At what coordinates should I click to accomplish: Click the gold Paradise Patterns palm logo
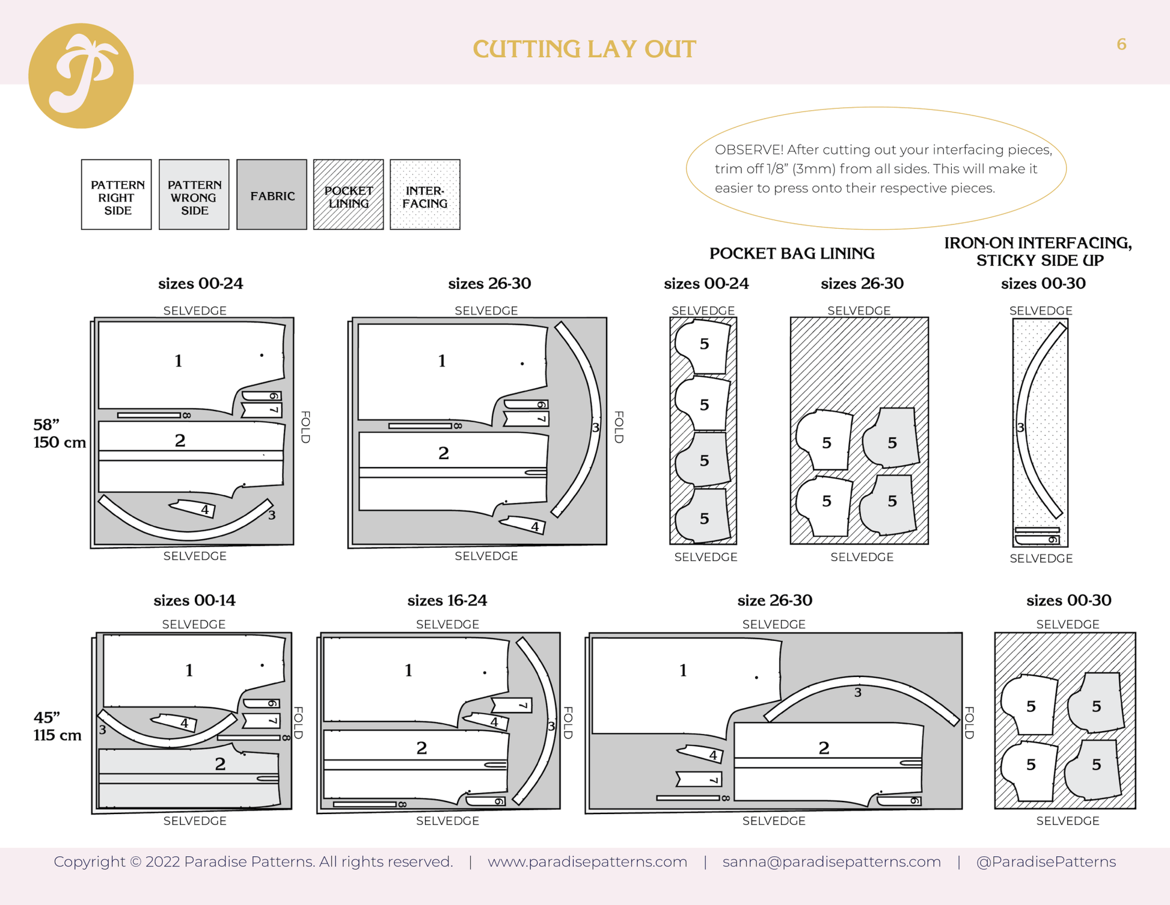(x=81, y=76)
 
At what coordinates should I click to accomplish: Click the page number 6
(x=1121, y=45)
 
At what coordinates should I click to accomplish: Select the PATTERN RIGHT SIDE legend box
(x=117, y=195)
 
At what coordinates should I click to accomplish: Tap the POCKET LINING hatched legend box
(x=348, y=195)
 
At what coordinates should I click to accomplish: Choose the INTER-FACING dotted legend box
(x=424, y=195)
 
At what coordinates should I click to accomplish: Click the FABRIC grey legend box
(x=272, y=195)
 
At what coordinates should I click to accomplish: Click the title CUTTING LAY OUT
(x=584, y=49)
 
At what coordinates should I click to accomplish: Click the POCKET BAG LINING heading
(x=791, y=253)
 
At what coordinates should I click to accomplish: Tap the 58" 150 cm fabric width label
(x=58, y=433)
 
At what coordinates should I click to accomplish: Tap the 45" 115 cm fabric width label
(x=57, y=726)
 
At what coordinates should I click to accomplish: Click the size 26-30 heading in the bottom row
(x=774, y=600)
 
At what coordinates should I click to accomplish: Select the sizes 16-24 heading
(x=447, y=600)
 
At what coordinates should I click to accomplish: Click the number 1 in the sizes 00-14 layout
(x=189, y=670)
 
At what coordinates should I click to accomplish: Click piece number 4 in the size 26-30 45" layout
(x=712, y=755)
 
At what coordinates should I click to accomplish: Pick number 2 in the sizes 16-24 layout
(x=421, y=748)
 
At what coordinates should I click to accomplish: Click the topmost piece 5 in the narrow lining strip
(x=704, y=344)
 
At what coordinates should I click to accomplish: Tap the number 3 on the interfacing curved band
(x=1020, y=428)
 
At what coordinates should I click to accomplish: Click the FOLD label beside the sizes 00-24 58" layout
(x=305, y=427)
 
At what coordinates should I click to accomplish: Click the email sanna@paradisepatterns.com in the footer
(x=832, y=862)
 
